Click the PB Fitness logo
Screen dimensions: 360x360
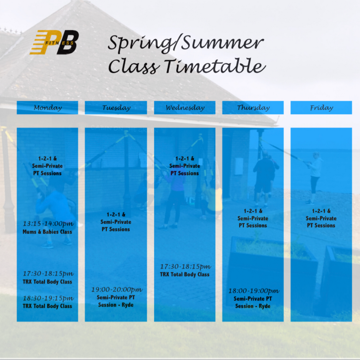click(x=54, y=42)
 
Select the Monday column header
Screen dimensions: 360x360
click(x=48, y=108)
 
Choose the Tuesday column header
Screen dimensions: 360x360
click(x=116, y=108)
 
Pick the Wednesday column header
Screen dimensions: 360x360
click(x=185, y=108)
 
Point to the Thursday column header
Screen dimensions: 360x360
click(x=253, y=108)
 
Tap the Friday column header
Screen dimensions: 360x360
click(x=321, y=108)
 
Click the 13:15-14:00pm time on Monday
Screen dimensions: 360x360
click(x=48, y=224)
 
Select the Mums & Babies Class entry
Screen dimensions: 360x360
click(x=47, y=232)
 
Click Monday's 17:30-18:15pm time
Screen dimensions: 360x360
click(x=48, y=274)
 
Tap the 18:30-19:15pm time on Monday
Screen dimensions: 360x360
click(x=48, y=298)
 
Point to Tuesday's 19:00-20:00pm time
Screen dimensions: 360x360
click(x=117, y=289)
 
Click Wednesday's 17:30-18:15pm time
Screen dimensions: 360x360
click(x=185, y=266)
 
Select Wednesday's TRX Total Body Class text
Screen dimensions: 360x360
click(x=185, y=274)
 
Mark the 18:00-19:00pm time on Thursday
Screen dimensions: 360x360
click(x=254, y=291)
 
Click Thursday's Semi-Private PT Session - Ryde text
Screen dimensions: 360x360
click(x=253, y=302)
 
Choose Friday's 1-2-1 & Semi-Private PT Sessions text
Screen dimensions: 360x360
click(x=321, y=218)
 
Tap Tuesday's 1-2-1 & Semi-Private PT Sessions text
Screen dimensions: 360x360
click(x=116, y=222)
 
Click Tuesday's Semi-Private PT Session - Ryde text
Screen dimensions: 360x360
click(x=116, y=301)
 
